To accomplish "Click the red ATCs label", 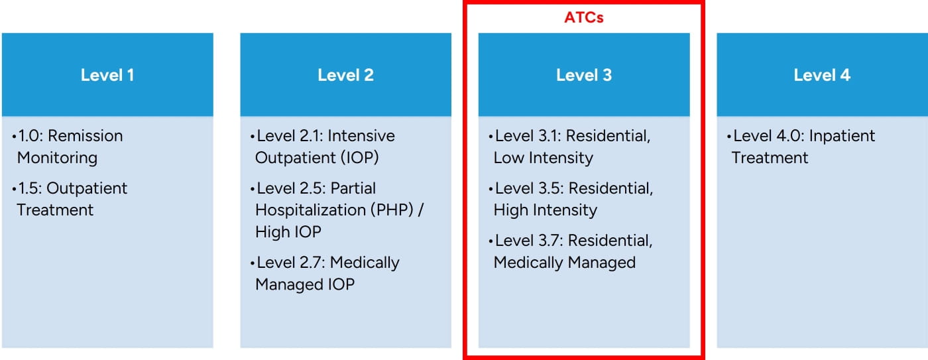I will [x=584, y=18].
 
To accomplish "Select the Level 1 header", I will [x=107, y=75].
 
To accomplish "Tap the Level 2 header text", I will [x=345, y=75].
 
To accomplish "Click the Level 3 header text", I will [x=584, y=75].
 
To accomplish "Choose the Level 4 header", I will [x=822, y=75].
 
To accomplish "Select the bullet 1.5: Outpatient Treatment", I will [x=70, y=199].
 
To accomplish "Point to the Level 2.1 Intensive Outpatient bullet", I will [x=323, y=147].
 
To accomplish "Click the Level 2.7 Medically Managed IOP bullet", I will [x=325, y=273].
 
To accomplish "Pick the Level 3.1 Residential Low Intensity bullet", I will [x=570, y=147].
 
